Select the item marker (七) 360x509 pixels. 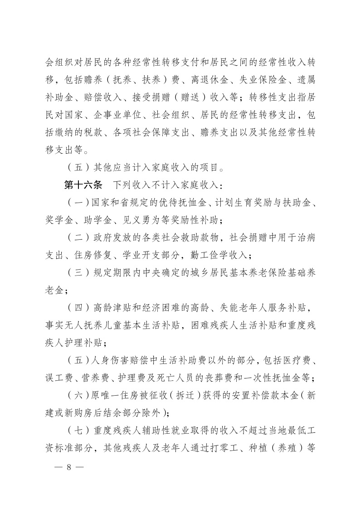[75, 431]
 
